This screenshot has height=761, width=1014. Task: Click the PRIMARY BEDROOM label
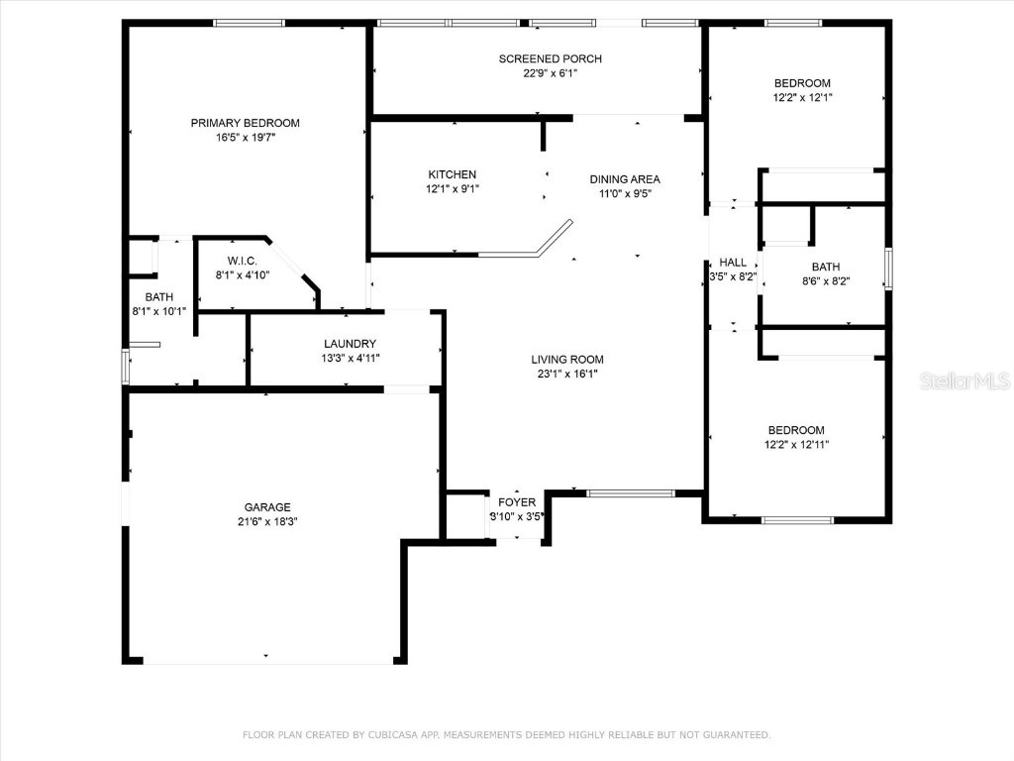pyautogui.click(x=245, y=123)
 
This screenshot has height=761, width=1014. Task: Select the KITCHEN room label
pyautogui.click(x=452, y=174)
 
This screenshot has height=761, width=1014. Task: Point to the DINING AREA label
pyautogui.click(x=625, y=179)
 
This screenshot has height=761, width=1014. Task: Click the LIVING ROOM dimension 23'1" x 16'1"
pyautogui.click(x=567, y=374)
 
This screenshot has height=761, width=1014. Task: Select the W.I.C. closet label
pyautogui.click(x=242, y=261)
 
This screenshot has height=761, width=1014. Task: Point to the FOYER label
pyautogui.click(x=516, y=502)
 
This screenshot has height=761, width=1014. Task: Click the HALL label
pyautogui.click(x=733, y=263)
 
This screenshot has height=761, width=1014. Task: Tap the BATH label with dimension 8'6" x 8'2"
pyautogui.click(x=825, y=267)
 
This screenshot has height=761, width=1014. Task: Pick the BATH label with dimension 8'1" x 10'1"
pyautogui.click(x=159, y=297)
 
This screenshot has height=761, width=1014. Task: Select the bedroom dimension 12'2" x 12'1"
pyautogui.click(x=802, y=97)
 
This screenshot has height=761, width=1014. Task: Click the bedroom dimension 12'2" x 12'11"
pyautogui.click(x=796, y=445)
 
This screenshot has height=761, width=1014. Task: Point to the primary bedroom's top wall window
pyautogui.click(x=249, y=23)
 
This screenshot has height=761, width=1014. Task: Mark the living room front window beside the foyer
pyautogui.click(x=630, y=492)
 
